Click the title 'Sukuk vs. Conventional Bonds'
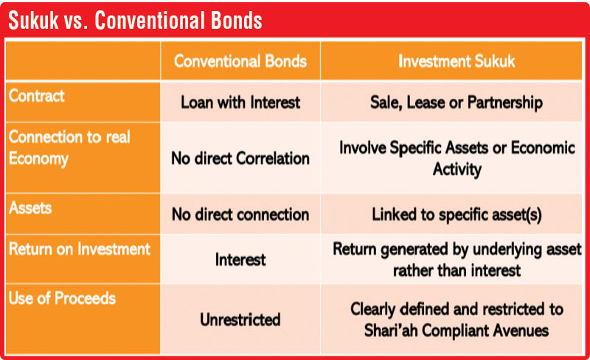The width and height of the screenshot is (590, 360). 135,21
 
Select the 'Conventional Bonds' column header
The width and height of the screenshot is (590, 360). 240,61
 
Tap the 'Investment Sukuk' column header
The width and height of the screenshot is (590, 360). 457,61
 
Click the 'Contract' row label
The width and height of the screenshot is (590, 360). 36,96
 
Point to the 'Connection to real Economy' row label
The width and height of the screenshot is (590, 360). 69,148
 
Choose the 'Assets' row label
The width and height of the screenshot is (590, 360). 30,208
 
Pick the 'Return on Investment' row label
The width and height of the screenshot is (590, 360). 80,249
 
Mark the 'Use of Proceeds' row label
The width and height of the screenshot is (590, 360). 62,298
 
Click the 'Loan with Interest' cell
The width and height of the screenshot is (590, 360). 240,103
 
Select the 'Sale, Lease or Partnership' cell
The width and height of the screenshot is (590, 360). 457,103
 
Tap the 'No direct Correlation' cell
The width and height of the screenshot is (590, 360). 240,159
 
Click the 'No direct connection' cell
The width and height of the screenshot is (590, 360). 240,215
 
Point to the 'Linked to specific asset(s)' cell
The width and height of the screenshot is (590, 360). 457,215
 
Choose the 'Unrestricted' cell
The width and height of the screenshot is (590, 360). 240,319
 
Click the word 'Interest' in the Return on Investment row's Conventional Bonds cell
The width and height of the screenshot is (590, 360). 240,260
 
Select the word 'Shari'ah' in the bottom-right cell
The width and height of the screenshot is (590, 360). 391,330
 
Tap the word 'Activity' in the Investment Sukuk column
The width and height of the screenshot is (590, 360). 457,170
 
